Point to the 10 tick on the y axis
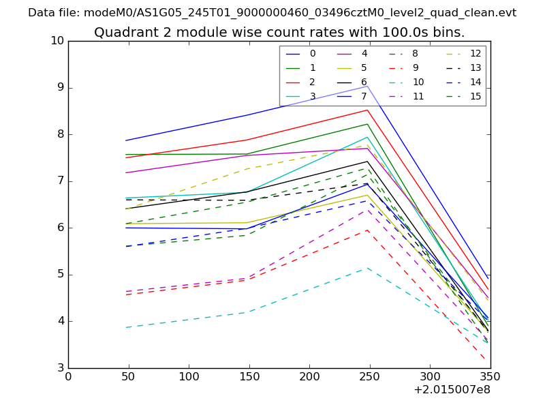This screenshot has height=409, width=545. click(57, 41)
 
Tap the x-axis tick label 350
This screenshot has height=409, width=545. click(490, 376)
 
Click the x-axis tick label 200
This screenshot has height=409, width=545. click(309, 376)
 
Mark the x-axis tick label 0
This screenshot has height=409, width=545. click(68, 376)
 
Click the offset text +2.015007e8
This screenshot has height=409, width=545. click(452, 390)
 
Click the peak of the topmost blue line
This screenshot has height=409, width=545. click(367, 86)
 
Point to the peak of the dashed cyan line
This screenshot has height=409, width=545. click(367, 267)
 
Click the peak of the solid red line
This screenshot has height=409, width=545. click(367, 110)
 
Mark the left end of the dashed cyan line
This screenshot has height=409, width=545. click(126, 328)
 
